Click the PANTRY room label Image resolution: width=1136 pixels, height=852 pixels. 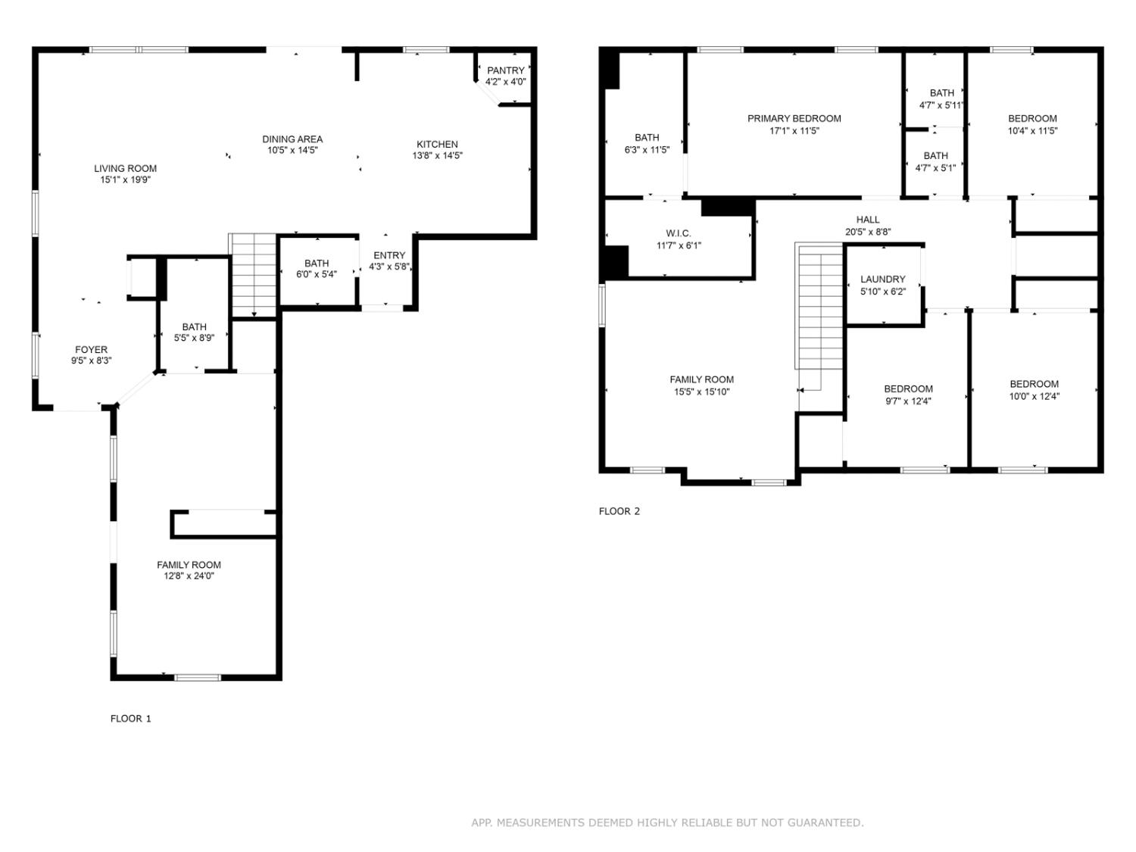tap(506, 70)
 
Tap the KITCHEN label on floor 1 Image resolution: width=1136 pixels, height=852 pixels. tap(437, 144)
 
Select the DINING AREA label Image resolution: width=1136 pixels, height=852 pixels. tap(292, 139)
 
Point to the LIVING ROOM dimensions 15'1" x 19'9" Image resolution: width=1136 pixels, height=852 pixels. tap(126, 180)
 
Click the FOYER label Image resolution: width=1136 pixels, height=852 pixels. tap(91, 350)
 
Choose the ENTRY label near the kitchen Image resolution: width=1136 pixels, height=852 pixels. tap(389, 255)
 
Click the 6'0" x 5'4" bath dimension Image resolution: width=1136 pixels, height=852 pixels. tap(317, 275)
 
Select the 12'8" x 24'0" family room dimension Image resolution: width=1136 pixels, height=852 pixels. tap(189, 576)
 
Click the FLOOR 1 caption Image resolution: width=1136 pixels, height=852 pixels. tap(131, 719)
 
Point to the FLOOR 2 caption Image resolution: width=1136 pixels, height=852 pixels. tap(619, 511)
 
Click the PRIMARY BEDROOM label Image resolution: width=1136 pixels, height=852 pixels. tap(794, 118)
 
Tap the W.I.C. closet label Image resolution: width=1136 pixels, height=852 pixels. tap(679, 233)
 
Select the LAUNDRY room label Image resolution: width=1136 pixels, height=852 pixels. tap(882, 279)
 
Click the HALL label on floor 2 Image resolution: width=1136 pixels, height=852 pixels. tap(868, 220)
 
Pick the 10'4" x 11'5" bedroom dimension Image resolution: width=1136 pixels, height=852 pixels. tap(1032, 130)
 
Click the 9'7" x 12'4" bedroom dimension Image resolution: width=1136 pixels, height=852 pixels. tap(908, 401)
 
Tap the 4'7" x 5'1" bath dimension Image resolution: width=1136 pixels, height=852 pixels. tap(935, 168)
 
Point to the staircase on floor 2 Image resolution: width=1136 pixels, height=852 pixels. tap(819, 311)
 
